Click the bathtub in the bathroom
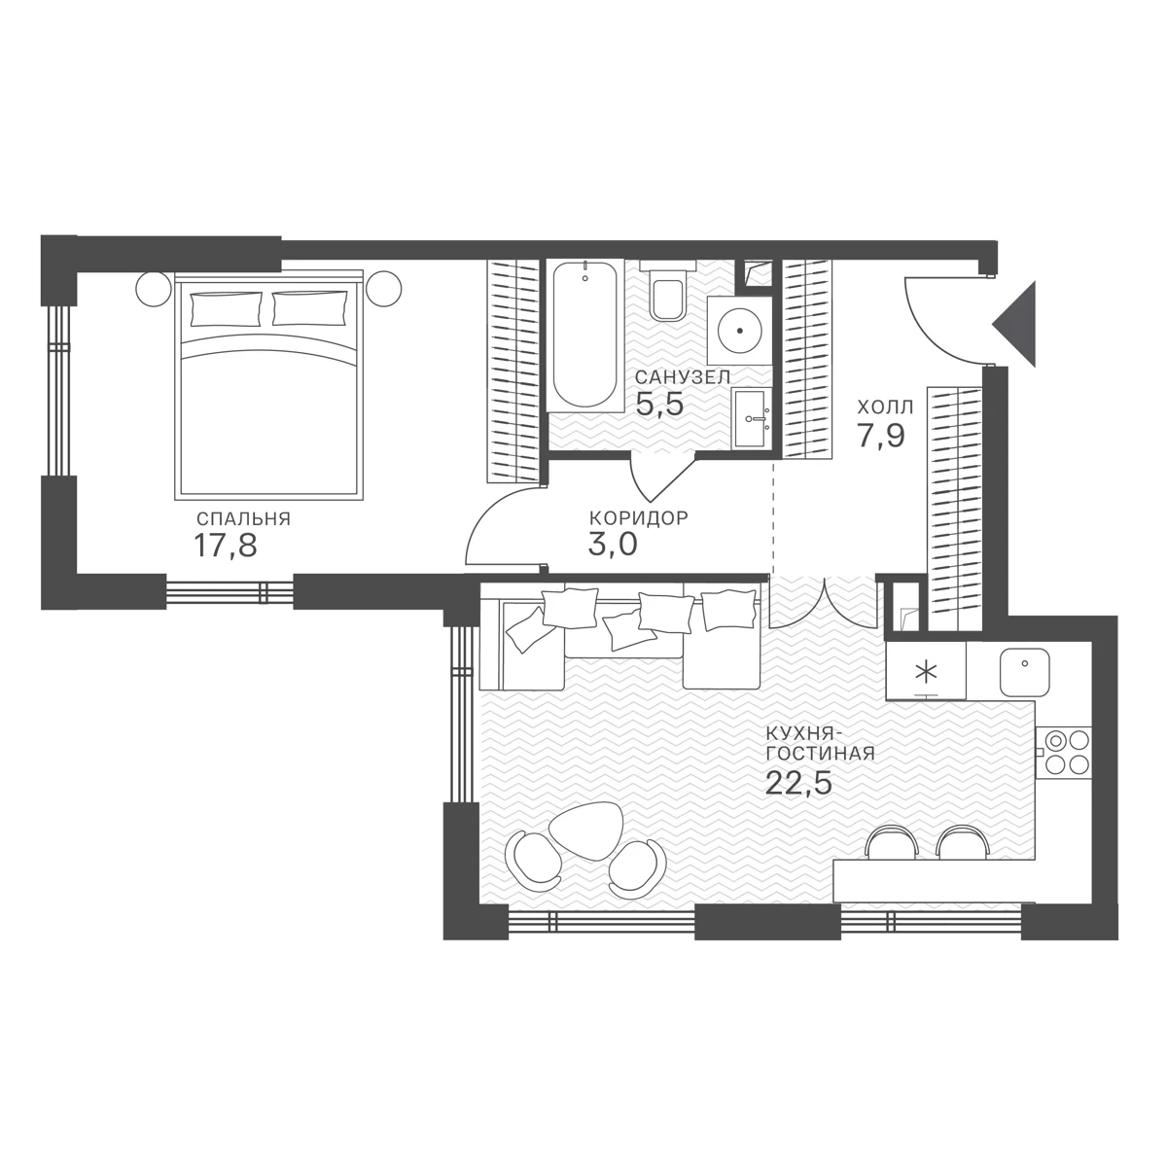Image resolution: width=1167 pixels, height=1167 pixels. point(585,336)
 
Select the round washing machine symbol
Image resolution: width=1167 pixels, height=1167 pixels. point(739,330)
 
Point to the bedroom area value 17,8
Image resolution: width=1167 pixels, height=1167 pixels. point(226,545)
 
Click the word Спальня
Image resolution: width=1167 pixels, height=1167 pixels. point(243,519)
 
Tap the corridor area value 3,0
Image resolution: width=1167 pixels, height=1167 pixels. point(613,544)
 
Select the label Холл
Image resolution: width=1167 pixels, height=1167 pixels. point(885,407)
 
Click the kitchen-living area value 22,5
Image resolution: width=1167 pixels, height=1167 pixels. point(798,783)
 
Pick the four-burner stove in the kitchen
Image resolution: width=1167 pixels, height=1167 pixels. point(1063,752)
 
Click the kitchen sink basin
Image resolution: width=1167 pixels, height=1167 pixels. point(1025,672)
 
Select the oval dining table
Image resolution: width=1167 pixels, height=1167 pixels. point(585,831)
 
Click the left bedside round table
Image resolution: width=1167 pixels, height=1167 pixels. point(154,289)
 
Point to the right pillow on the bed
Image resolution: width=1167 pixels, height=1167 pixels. point(310,308)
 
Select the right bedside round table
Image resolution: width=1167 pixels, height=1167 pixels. point(383,289)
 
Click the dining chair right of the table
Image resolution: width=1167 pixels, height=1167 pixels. point(637,869)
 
